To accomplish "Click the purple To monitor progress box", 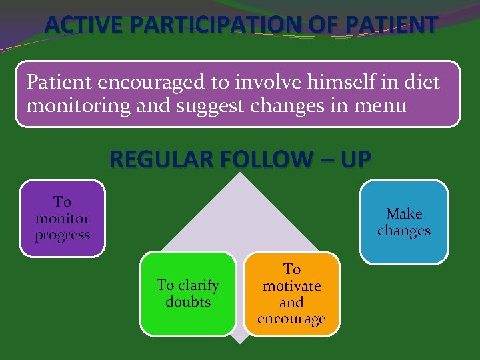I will point(63,219).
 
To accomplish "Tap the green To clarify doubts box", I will point(188,293).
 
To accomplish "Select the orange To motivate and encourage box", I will point(291,293).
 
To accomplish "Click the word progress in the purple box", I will point(63,235).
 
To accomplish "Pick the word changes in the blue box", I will point(404,231).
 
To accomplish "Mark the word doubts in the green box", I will point(188,302).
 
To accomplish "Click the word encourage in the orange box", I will point(291,319).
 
